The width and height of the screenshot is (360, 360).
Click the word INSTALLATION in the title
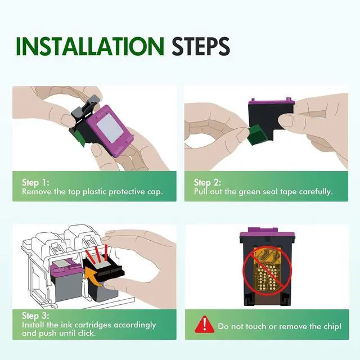point(90,46)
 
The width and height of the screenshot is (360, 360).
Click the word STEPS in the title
point(201,46)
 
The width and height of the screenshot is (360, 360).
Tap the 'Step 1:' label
point(35,182)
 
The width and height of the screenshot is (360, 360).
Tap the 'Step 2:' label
point(208,182)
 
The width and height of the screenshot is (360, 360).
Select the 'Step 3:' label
point(35,316)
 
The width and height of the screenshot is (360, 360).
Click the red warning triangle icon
point(205,325)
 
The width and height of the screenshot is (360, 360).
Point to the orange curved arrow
point(93,277)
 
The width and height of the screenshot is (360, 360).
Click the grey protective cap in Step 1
point(85,108)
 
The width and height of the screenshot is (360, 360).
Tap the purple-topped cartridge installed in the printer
point(66,281)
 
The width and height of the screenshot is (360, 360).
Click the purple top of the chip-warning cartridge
point(267,233)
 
